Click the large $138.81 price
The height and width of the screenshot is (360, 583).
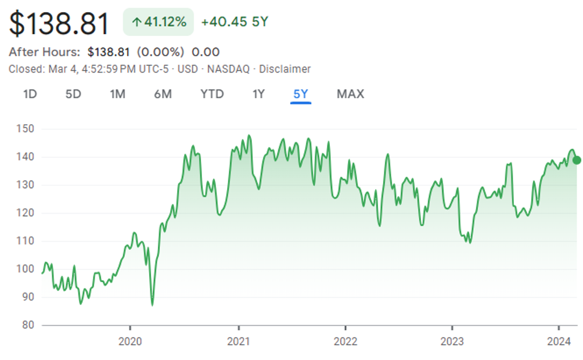tap(59, 24)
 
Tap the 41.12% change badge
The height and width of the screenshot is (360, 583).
tap(158, 22)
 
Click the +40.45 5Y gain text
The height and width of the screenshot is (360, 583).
tap(235, 22)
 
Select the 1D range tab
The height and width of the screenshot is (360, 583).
tap(30, 94)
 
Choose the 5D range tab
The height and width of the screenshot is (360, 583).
tap(73, 94)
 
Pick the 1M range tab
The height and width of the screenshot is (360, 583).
tap(117, 94)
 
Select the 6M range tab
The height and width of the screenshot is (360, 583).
tap(163, 94)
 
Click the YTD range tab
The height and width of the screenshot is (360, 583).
tap(212, 94)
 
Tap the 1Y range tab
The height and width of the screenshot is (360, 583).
tap(258, 94)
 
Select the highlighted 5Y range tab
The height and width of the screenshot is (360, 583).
tap(301, 94)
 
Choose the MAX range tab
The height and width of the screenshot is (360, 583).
tap(350, 94)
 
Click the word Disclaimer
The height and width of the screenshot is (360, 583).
tap(285, 69)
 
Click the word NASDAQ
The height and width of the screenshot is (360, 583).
tap(229, 69)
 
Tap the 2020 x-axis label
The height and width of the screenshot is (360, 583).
tap(130, 341)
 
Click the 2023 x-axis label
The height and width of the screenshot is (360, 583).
tap(452, 341)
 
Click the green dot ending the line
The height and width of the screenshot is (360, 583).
tap(576, 160)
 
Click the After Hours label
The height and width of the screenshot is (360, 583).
tap(45, 52)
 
